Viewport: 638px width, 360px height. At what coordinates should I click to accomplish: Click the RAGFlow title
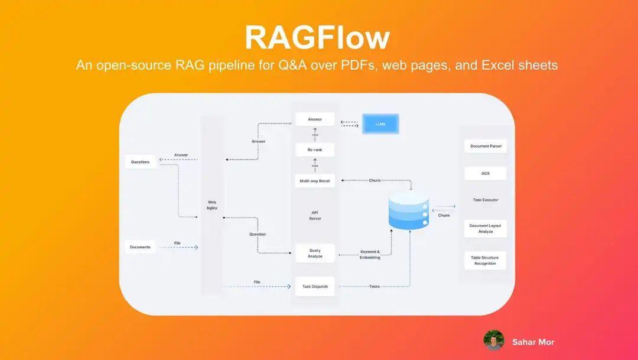pos(317,37)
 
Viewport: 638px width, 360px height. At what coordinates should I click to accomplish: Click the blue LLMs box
pos(380,124)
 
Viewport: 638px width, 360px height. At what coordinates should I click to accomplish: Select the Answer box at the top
pos(315,119)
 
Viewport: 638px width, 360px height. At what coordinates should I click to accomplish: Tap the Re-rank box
pos(315,150)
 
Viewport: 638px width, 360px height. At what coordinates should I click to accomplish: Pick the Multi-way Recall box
pos(315,180)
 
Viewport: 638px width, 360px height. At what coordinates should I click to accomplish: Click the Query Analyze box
pos(315,254)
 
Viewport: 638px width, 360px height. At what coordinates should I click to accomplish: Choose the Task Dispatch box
pos(315,287)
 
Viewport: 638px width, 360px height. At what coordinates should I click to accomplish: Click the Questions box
pos(140,162)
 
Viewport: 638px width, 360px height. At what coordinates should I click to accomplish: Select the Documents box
pos(140,247)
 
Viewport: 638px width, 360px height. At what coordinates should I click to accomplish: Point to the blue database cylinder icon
pos(408,210)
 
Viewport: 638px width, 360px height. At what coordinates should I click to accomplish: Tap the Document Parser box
pos(486,146)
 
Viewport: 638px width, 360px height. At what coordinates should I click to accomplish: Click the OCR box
pos(486,174)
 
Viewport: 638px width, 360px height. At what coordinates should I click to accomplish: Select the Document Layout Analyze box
pos(486,229)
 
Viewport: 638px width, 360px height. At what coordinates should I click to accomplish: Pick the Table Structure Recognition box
pos(486,261)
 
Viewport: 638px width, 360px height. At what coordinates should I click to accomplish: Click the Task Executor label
pos(486,200)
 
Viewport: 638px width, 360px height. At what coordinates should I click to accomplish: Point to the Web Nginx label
pos(212,205)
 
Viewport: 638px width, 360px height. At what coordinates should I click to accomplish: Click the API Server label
pos(315,215)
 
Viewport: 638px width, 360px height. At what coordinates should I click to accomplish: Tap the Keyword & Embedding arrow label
pos(370,255)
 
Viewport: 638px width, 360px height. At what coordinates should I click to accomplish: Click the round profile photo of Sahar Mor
pos(493,341)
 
